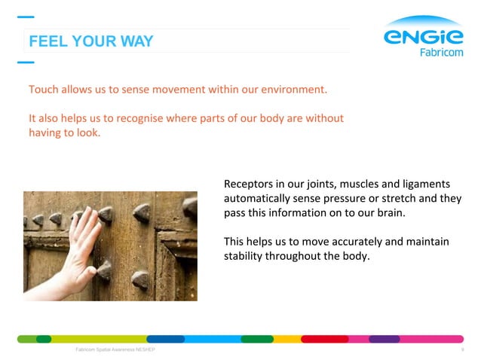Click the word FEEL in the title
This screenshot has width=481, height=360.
point(45,41)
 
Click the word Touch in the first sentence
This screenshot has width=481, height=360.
point(44,90)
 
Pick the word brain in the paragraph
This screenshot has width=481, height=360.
point(388,213)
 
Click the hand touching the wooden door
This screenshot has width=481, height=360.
point(81,249)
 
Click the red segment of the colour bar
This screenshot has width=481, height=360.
point(324,339)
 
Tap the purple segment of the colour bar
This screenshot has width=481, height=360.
point(384,339)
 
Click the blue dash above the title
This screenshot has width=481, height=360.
point(25,17)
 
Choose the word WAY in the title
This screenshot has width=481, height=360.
point(138,41)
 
